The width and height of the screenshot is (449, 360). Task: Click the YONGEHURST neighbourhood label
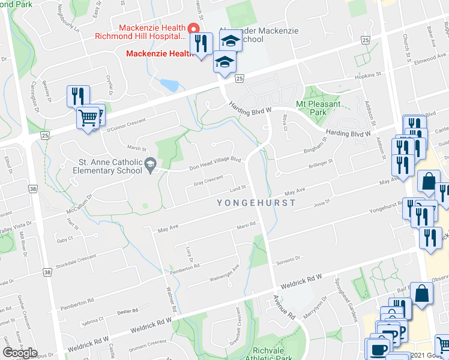(x=256, y=203)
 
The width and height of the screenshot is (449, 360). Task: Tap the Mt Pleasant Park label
(x=319, y=108)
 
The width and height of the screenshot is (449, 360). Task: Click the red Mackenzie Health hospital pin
(x=193, y=28)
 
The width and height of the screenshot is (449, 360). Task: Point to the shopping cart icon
(x=88, y=118)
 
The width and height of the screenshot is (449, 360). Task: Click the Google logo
(x=20, y=352)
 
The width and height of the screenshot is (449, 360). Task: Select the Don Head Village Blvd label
(x=215, y=164)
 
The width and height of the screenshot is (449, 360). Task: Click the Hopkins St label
(x=367, y=76)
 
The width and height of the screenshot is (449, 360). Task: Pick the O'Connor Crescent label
(x=125, y=125)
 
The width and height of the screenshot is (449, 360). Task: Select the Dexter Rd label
(x=124, y=311)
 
